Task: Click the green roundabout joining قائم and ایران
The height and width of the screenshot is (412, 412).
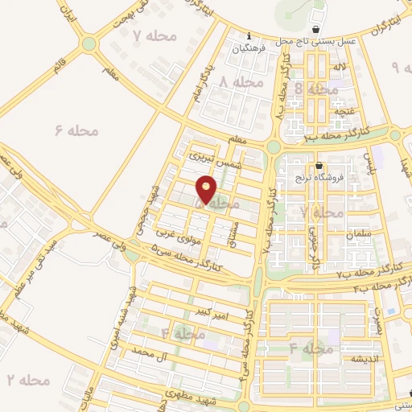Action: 89,43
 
